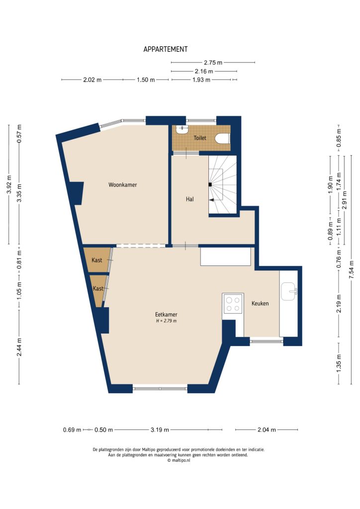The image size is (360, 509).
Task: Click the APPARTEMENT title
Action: point(166,49)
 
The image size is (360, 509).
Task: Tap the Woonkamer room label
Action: point(122,185)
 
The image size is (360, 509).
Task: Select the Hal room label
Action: point(189,199)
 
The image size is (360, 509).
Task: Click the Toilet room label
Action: point(200,138)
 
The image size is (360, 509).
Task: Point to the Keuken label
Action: point(260,303)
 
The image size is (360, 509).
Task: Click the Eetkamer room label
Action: point(166,315)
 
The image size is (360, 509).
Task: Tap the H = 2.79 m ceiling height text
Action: point(166,321)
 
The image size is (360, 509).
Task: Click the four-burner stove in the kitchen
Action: point(233,303)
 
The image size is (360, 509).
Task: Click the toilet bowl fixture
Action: point(223,139)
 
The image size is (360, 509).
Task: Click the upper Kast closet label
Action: point(97,260)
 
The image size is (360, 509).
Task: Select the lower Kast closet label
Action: point(98,288)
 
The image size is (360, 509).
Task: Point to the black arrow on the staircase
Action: point(211,200)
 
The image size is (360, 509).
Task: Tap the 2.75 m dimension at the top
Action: point(213,63)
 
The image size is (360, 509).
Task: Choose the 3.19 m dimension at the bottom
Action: point(160,430)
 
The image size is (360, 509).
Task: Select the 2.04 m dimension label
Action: point(267,430)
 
